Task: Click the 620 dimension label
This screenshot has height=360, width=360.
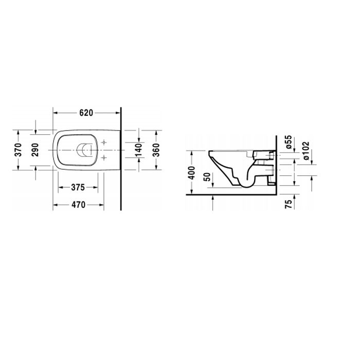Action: [85, 112]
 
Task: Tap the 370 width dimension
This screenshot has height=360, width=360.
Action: [18, 150]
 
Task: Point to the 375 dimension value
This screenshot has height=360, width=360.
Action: [78, 188]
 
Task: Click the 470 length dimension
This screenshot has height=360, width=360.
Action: [78, 204]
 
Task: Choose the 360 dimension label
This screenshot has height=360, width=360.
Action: [156, 150]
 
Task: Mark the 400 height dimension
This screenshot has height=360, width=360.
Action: [192, 172]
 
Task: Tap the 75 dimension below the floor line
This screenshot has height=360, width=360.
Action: [289, 204]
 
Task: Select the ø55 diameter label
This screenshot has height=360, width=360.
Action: [289, 142]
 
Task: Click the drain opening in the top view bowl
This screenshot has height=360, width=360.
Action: [84, 150]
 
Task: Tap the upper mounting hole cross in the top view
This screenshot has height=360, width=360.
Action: [105, 142]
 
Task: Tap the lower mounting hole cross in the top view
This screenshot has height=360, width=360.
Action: [105, 157]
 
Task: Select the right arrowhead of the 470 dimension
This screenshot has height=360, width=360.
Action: [103, 204]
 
